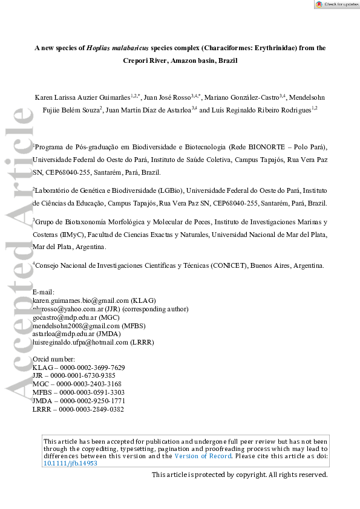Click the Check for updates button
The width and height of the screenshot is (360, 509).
click(336, 4)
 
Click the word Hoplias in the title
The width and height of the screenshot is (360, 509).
click(101, 47)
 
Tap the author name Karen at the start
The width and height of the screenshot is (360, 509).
click(47, 97)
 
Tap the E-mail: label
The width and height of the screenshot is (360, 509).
click(43, 292)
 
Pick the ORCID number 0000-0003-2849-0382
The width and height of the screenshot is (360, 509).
click(90, 409)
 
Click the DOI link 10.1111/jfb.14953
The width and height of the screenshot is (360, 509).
click(70, 464)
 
